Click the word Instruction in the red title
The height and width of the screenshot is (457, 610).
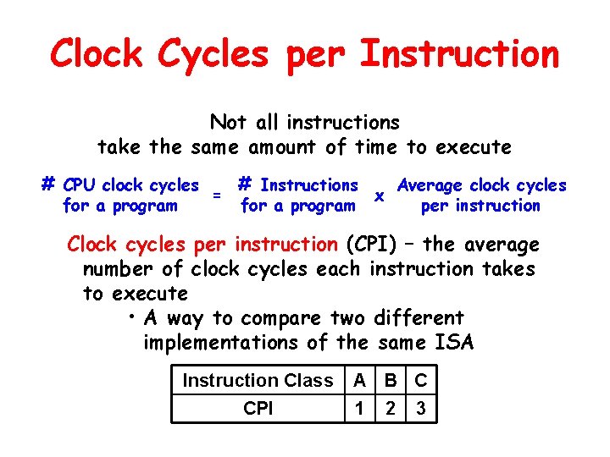459,54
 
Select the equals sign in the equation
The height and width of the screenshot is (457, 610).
217,195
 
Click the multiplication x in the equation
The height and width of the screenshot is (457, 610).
380,195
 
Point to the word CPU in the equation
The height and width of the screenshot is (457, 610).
80,185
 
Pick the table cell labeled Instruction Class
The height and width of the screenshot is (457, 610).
258,381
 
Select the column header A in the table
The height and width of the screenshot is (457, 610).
360,381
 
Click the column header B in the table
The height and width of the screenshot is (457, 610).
391,381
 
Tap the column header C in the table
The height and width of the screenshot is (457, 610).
421,381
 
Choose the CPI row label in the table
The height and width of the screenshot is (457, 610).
258,409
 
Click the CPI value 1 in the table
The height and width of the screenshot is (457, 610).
360,409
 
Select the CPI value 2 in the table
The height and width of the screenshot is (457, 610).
391,409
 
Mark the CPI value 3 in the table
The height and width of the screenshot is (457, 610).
421,409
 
